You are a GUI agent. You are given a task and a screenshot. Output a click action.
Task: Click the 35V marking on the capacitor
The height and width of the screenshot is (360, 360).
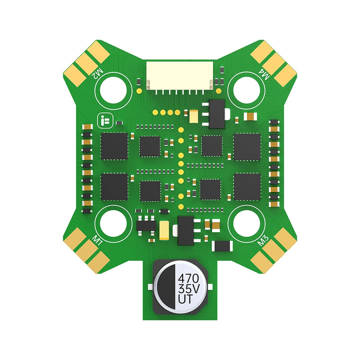point(188,288)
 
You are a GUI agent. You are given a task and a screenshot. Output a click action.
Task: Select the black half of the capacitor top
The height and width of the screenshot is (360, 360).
point(165,287)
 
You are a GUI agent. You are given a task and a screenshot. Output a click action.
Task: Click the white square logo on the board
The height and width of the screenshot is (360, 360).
point(105,120)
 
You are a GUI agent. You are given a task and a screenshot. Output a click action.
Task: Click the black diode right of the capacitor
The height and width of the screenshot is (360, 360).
point(222,246)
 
